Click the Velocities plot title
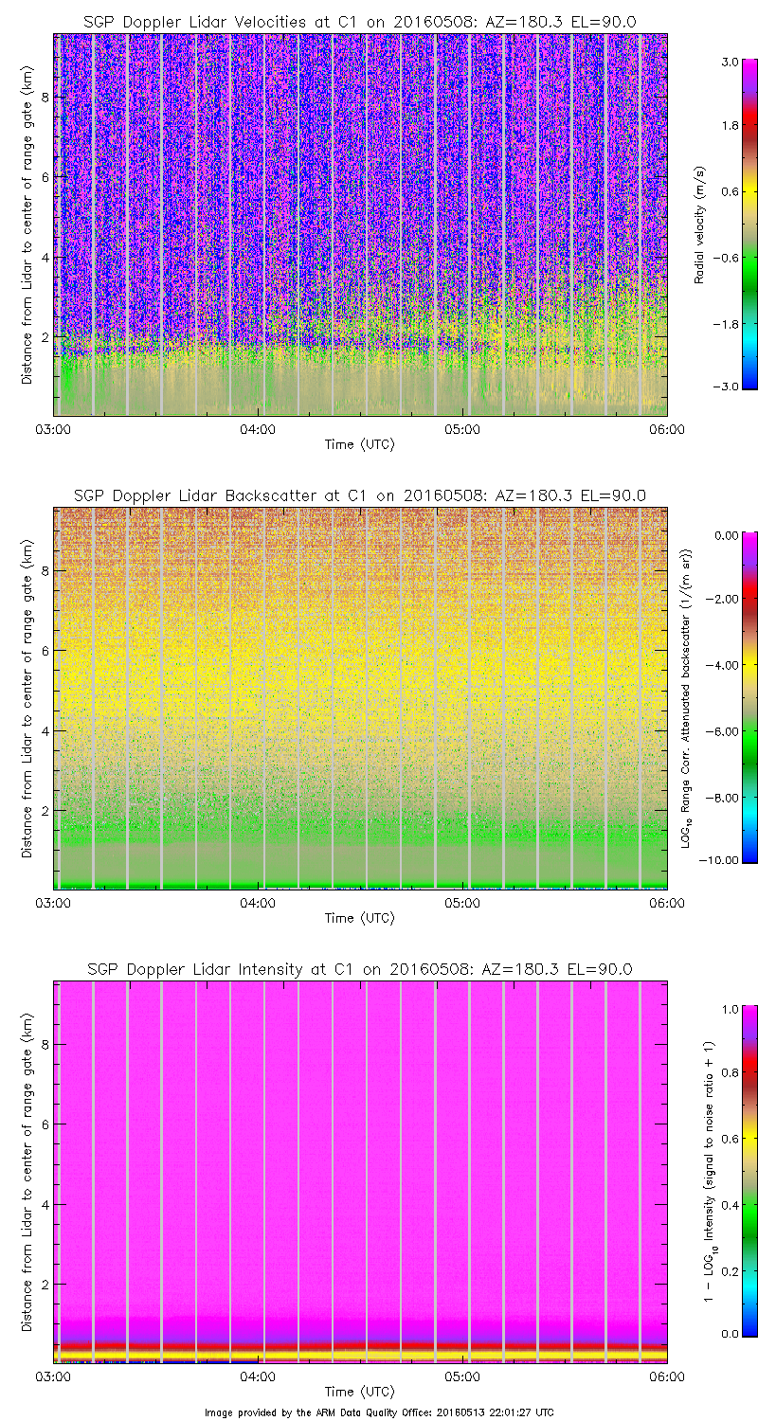[359, 21]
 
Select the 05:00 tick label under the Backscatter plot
[462, 903]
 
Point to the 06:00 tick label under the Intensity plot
[666, 1376]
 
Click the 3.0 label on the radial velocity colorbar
[730, 62]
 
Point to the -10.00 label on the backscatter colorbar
[726, 859]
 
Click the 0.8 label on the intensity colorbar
[730, 1072]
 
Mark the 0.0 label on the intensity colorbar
[730, 1333]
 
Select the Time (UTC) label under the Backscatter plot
[359, 918]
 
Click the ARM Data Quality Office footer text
[379, 1412]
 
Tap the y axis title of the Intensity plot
[27, 1171]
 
